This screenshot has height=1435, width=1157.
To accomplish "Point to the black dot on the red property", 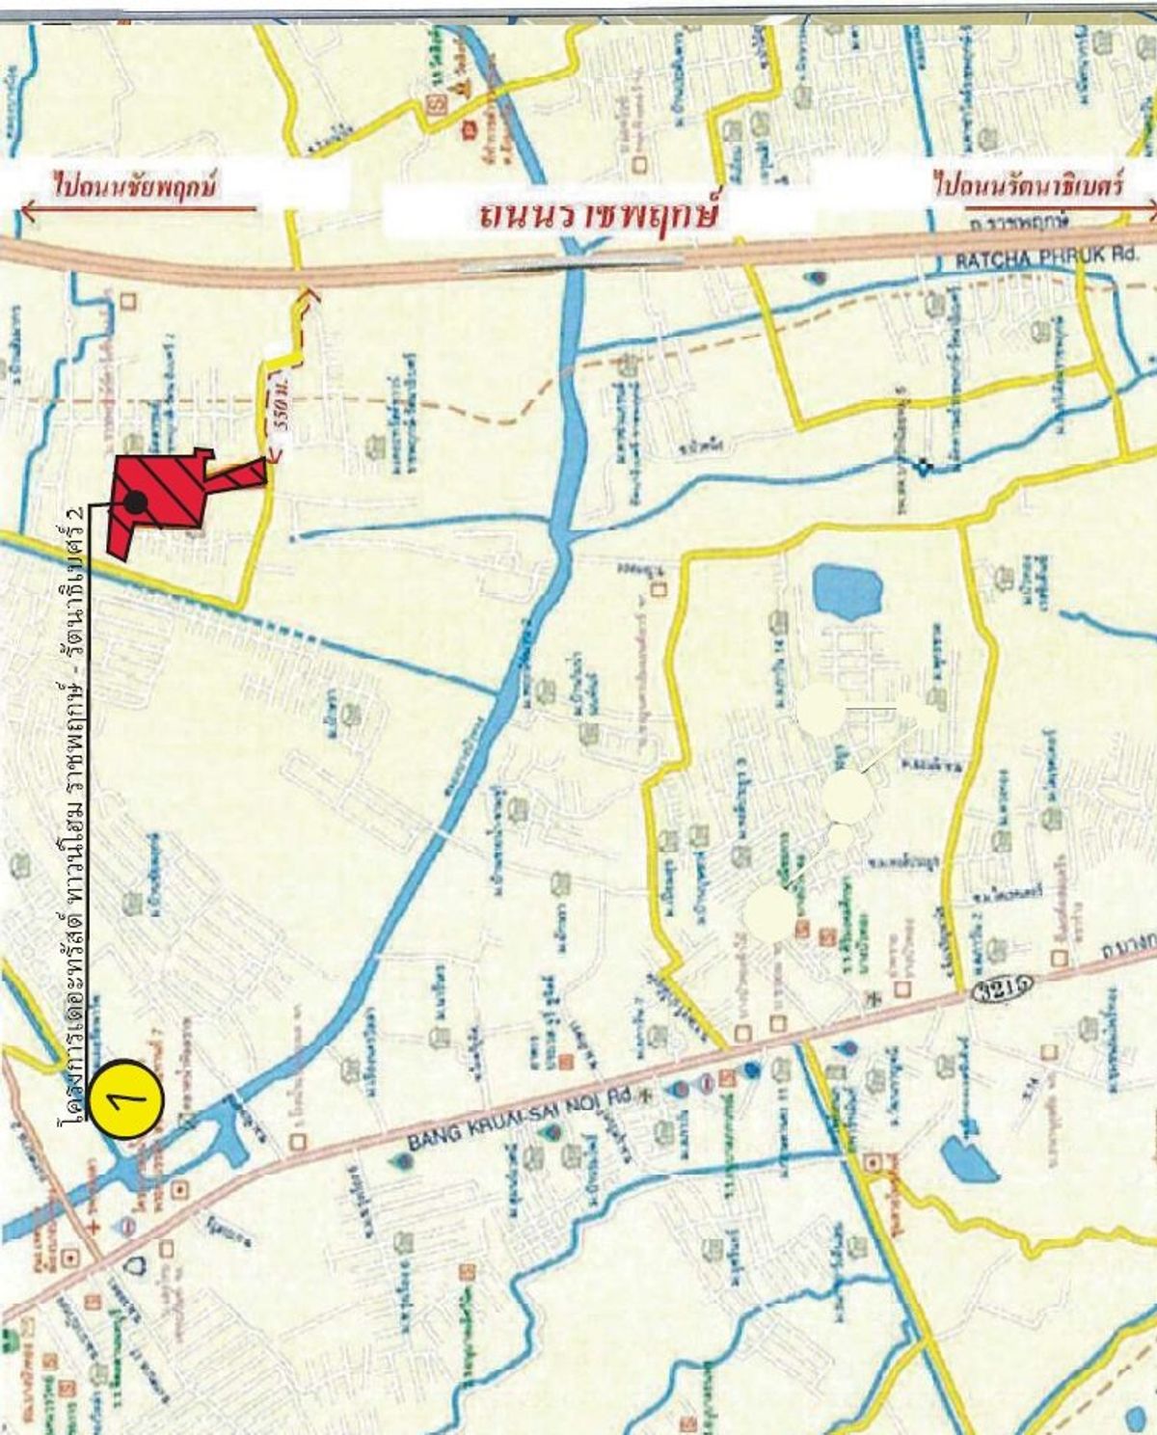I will pos(136,501).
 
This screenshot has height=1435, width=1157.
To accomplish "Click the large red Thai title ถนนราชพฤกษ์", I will pos(598,212).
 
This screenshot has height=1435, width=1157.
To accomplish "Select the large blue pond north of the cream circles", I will pos(848,590).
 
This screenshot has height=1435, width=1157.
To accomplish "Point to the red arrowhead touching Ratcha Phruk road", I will pos(309,292).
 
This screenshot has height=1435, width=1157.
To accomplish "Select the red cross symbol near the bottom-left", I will pos(94,1225).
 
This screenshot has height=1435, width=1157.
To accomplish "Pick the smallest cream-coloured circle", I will pos(842,836).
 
